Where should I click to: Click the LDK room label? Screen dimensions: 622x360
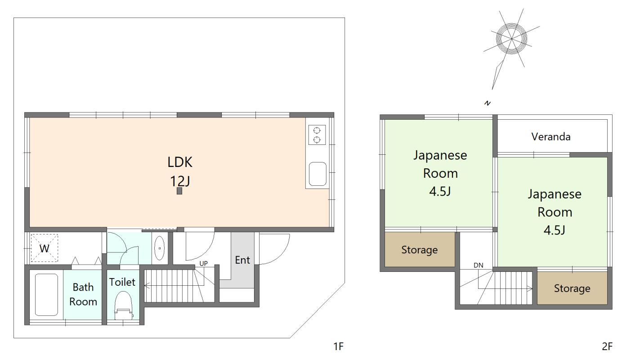tap(180, 162)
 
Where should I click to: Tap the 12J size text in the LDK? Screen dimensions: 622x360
tap(180, 181)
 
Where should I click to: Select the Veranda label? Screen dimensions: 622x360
tap(551, 137)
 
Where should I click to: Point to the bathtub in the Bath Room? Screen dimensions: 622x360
tap(46, 295)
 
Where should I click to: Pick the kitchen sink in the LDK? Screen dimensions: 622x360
tap(318, 174)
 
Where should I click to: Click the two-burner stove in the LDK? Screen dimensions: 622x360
tap(317, 135)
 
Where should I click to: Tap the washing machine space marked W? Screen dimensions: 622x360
tap(45, 248)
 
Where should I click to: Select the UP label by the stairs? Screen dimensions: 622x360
tap(204, 264)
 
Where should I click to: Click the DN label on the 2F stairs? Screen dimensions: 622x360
tap(479, 265)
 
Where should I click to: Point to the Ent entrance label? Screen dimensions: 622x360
tap(242, 260)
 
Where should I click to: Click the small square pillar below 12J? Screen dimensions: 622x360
tap(179, 191)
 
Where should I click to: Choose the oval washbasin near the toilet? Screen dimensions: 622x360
tap(159, 248)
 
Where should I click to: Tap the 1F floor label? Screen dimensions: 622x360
tap(338, 346)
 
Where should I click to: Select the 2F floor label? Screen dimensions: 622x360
tap(607, 346)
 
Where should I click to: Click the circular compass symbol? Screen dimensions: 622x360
tap(511, 39)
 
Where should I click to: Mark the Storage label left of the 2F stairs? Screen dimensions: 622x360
tap(419, 250)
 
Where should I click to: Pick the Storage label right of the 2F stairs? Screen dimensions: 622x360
tap(572, 288)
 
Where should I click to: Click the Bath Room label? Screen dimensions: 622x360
tap(83, 294)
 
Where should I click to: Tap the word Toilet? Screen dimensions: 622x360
tap(122, 282)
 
